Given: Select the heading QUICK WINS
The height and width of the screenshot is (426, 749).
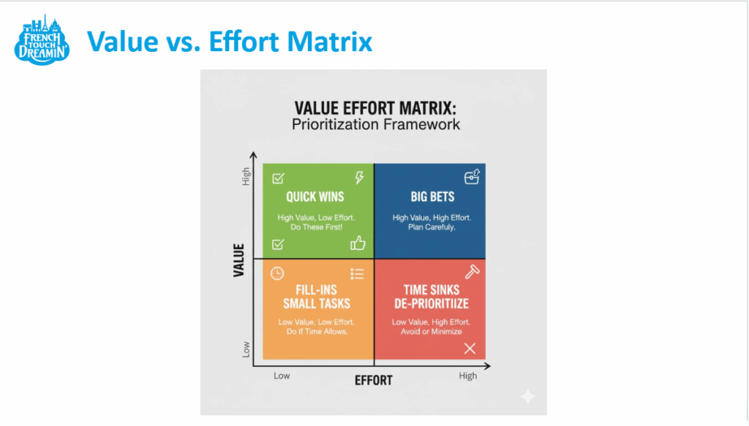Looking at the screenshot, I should pos(315,197).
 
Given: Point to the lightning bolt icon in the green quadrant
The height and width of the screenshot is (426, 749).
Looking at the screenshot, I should pos(358,178).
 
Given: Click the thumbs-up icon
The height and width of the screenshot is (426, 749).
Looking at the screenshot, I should pos(358,243).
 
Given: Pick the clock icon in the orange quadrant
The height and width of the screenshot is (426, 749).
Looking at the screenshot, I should pos(277,273).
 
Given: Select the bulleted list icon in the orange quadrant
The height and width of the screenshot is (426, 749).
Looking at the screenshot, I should pos(357,274).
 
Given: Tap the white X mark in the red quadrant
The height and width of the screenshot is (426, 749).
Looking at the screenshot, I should pos(470,349).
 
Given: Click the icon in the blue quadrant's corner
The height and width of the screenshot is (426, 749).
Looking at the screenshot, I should pos(472,177).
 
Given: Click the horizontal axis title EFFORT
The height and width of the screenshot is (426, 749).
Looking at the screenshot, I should pos(373,381).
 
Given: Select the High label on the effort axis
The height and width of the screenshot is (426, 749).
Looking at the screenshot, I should pos(468,376).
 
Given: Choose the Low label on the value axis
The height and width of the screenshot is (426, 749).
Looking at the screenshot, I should pos(246,349).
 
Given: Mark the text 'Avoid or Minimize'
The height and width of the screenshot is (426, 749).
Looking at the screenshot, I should pos(432,332).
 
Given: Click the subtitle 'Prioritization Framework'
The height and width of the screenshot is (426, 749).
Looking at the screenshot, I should pos(376,124).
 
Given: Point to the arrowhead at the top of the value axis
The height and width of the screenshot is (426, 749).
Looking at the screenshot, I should pos(254,156).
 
